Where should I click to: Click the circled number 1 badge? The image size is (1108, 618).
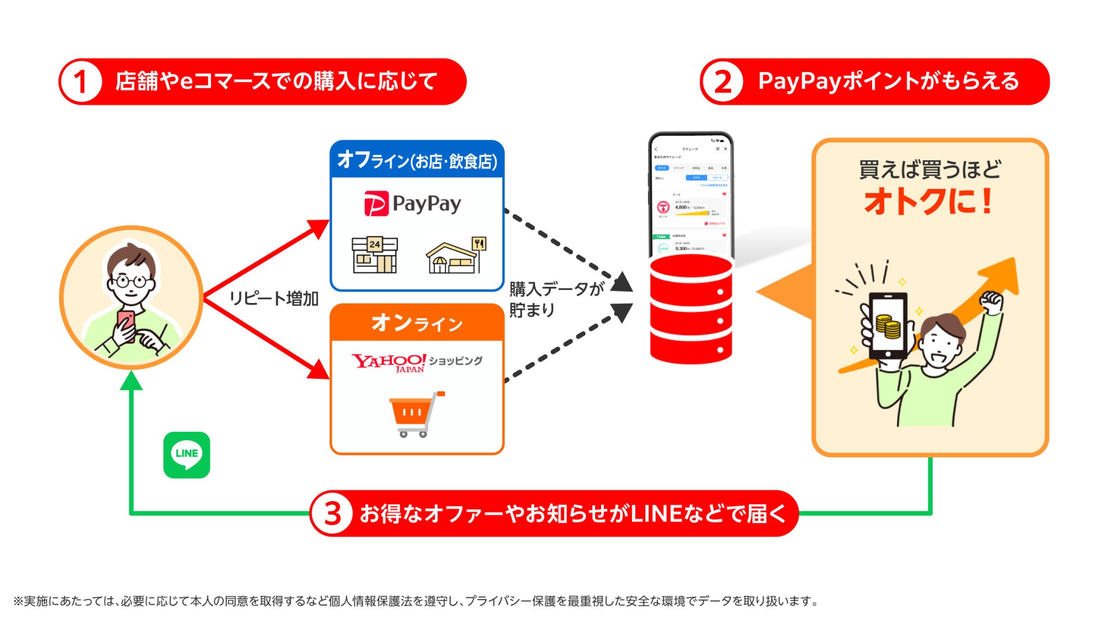(81, 82)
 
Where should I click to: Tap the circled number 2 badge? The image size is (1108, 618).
(722, 82)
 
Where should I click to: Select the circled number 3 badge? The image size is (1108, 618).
(332, 513)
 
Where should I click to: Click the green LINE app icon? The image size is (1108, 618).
(187, 455)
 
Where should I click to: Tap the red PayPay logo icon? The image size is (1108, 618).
(376, 203)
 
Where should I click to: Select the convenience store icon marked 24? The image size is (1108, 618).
(374, 254)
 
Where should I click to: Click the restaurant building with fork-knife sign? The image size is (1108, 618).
(456, 255)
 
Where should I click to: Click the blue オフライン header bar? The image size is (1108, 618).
(417, 160)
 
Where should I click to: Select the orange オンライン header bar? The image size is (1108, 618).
(417, 323)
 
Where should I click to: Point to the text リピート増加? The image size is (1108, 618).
(274, 299)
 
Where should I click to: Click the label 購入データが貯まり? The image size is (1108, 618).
(555, 299)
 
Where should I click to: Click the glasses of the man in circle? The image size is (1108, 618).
(130, 281)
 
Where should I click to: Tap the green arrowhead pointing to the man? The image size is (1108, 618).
(131, 380)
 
